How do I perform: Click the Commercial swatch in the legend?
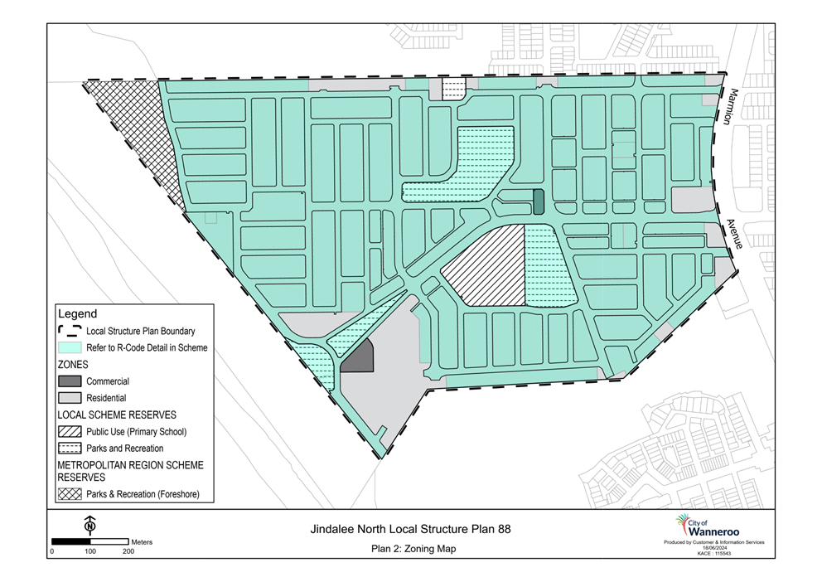[70, 381]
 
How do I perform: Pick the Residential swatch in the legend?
[70, 398]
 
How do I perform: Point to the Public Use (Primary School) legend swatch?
[70, 431]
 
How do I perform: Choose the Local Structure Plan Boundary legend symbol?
[70, 331]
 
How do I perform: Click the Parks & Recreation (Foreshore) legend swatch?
[70, 494]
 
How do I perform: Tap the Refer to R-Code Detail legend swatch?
[70, 347]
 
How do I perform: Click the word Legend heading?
[78, 313]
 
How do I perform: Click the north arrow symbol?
[90, 525]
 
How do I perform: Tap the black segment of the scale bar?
[70, 541]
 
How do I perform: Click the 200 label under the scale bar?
[128, 551]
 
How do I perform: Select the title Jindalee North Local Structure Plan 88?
[410, 529]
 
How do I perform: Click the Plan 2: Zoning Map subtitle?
[413, 549]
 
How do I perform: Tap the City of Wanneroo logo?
[707, 526]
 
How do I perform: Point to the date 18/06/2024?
[714, 548]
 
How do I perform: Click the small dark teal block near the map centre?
[539, 201]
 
